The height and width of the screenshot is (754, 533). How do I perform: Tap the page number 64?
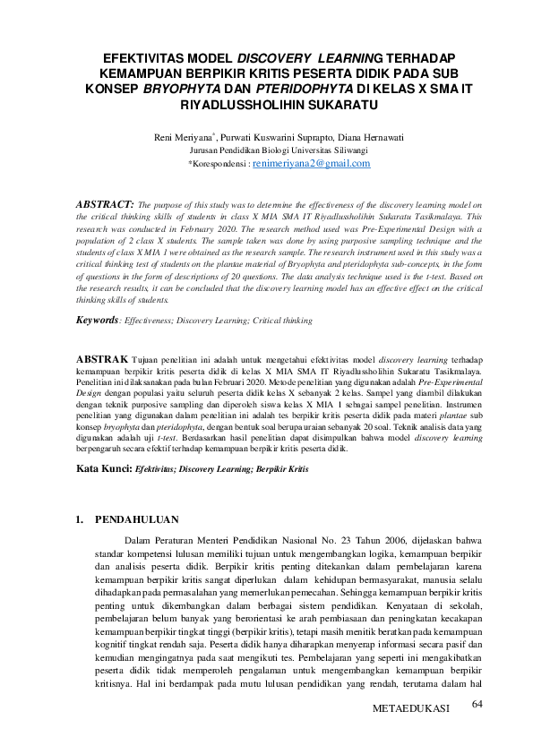(x=477, y=707)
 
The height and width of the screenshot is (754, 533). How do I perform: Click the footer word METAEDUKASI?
(x=410, y=709)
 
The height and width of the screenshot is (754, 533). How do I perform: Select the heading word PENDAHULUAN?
(x=137, y=519)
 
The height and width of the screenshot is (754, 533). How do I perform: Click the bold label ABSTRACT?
(x=106, y=205)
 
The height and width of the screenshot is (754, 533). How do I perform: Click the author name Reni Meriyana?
(x=185, y=137)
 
